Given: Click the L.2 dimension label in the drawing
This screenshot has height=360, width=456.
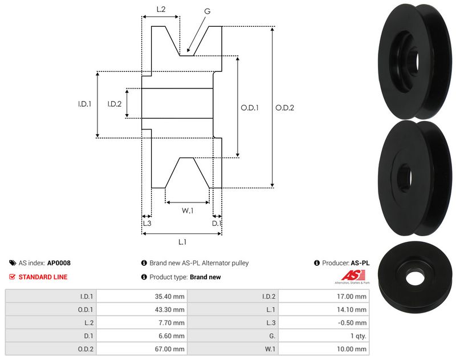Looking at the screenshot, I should click(x=161, y=9).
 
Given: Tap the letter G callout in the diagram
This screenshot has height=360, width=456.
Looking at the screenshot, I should click(x=207, y=10).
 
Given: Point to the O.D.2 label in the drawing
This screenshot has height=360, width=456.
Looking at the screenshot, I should click(x=284, y=107).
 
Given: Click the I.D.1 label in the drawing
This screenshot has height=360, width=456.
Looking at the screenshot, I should click(x=85, y=104).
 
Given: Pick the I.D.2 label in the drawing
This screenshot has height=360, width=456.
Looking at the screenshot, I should click(x=115, y=104).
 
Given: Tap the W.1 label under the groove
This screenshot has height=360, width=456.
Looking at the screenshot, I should click(x=188, y=211).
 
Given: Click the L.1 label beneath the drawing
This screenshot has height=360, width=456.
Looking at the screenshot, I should click(x=182, y=242).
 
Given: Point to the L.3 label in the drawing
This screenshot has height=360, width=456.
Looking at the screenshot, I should click(x=146, y=224).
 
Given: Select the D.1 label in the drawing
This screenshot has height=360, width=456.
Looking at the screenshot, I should click(x=217, y=224).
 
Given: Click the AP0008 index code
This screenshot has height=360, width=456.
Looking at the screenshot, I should click(x=59, y=263).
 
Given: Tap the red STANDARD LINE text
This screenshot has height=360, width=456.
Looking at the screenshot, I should click(x=43, y=277).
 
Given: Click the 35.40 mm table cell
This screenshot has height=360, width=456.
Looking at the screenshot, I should click(x=171, y=297).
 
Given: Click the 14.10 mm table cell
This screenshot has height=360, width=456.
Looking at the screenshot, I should click(x=353, y=310).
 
